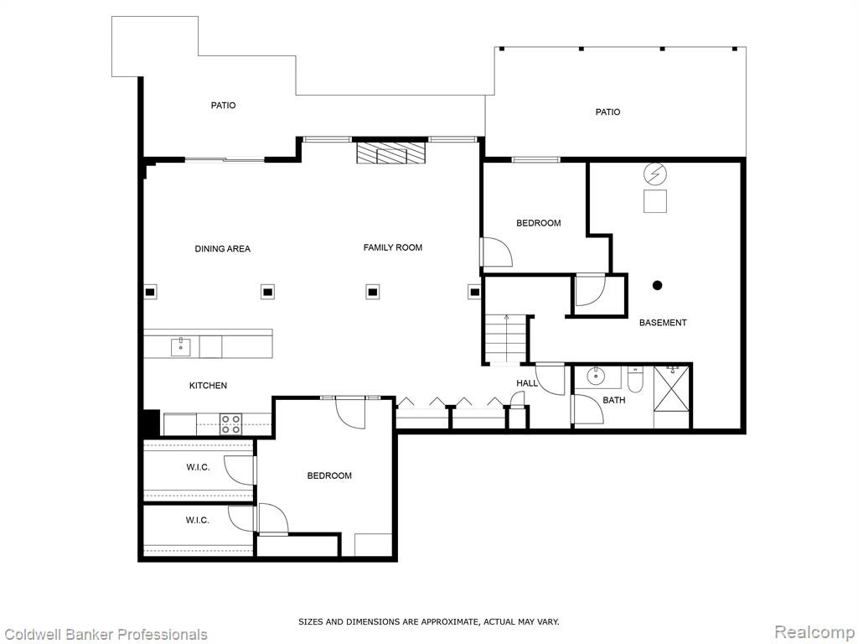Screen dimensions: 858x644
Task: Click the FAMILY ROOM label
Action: (x=392, y=247)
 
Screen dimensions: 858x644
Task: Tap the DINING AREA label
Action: (x=222, y=248)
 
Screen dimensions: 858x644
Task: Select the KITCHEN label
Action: (x=208, y=386)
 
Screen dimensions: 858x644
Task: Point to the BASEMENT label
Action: (x=663, y=323)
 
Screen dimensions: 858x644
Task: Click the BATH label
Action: (x=613, y=400)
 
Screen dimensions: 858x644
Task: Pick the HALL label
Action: (x=527, y=383)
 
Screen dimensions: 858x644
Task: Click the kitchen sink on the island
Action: (x=181, y=347)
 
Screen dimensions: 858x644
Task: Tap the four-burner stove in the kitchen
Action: (x=230, y=424)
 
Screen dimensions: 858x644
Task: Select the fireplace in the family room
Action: (x=390, y=153)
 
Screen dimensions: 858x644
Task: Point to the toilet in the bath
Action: (x=635, y=380)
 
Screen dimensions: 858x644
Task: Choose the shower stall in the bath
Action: (x=673, y=397)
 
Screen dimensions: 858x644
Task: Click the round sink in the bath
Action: (x=596, y=377)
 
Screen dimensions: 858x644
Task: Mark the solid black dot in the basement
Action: (x=657, y=285)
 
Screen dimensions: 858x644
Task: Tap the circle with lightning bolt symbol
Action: (x=655, y=174)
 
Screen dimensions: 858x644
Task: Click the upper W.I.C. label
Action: (x=198, y=467)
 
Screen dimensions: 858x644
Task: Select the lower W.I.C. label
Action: (x=197, y=520)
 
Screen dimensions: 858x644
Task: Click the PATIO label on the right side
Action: (x=607, y=112)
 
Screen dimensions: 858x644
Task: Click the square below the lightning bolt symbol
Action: (x=655, y=201)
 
